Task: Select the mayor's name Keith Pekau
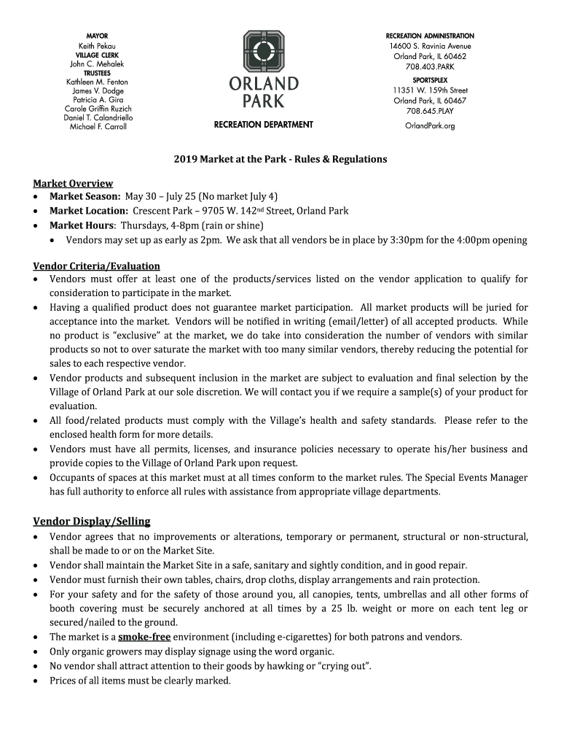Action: [x=97, y=45]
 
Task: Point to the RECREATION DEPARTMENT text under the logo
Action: [x=263, y=125]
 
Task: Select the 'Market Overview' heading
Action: [x=73, y=183]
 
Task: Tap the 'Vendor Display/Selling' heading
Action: [x=91, y=521]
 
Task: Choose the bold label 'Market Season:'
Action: [x=85, y=197]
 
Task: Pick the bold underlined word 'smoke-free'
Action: [x=144, y=637]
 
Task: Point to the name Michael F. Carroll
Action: [x=97, y=126]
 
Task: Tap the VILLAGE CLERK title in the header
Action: [x=97, y=55]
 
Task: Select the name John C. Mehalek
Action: [x=97, y=64]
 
